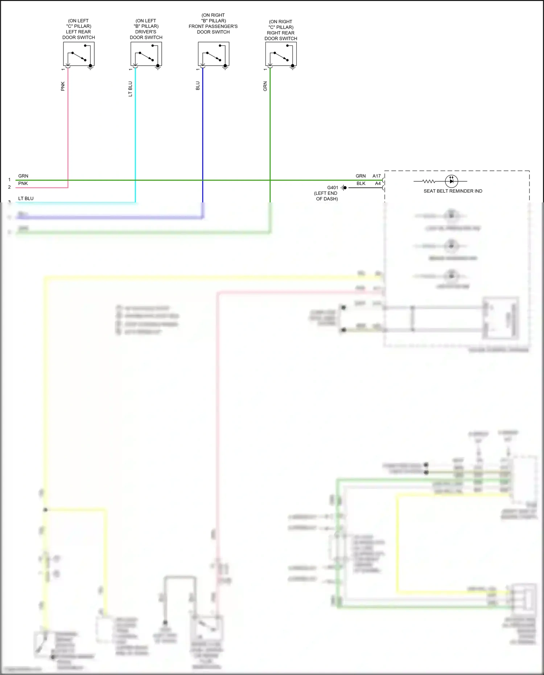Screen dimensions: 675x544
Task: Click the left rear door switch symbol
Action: pyautogui.click(x=79, y=54)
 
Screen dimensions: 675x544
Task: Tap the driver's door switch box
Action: pyautogui.click(x=146, y=54)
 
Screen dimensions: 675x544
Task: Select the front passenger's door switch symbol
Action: pyautogui.click(x=214, y=54)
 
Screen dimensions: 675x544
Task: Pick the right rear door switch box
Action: pyautogui.click(x=281, y=54)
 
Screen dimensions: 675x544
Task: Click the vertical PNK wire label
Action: pyautogui.click(x=63, y=86)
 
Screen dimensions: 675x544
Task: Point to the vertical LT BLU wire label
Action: pyautogui.click(x=130, y=89)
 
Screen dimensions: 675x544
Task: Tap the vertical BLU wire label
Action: pyautogui.click(x=198, y=86)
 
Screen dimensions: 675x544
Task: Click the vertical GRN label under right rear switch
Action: pyautogui.click(x=265, y=86)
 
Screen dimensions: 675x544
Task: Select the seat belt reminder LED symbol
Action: pyautogui.click(x=452, y=181)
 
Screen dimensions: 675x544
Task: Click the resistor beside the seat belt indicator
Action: pyautogui.click(x=429, y=181)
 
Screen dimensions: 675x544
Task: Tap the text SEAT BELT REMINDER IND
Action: pyautogui.click(x=453, y=191)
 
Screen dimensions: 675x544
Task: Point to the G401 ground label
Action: pyautogui.click(x=333, y=188)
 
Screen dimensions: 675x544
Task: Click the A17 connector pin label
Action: pyautogui.click(x=376, y=176)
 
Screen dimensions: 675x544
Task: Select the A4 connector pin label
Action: pyautogui.click(x=378, y=184)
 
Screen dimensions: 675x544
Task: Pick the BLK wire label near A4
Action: pyautogui.click(x=361, y=184)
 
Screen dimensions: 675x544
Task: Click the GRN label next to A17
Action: pyautogui.click(x=360, y=176)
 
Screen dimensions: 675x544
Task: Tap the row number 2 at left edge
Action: pyautogui.click(x=9, y=187)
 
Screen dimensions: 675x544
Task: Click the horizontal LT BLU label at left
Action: pyautogui.click(x=26, y=198)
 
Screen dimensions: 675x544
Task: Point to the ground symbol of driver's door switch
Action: pyautogui.click(x=158, y=67)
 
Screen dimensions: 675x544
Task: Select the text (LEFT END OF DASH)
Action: pyautogui.click(x=326, y=196)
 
